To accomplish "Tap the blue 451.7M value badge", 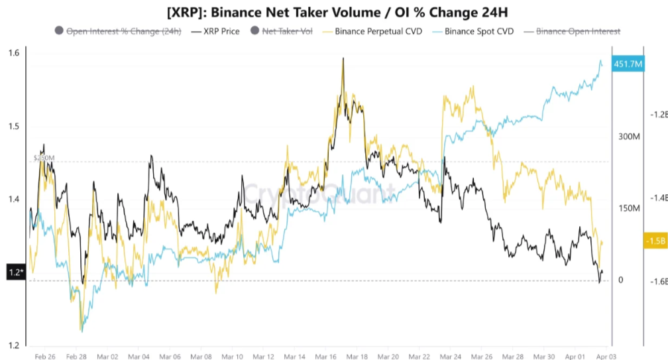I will click(x=628, y=64).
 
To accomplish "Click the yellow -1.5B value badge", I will click(x=654, y=241).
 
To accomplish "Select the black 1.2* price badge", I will click(x=15, y=272).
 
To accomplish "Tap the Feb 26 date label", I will click(x=44, y=356).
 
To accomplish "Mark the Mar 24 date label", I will click(x=450, y=356).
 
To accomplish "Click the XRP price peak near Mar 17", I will click(x=343, y=60).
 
